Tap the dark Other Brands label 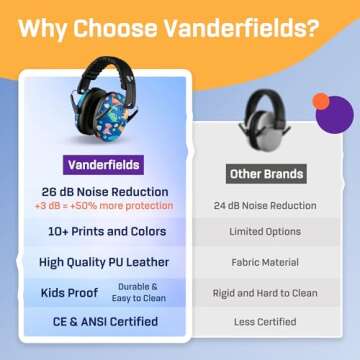[266, 174]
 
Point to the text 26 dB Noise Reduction [99, 191]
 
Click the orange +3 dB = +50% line [99, 206]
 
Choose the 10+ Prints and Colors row [99, 231]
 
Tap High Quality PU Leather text [99, 262]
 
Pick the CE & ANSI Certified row [99, 322]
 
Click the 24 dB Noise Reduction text [268, 206]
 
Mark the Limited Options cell [268, 232]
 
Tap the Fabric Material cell [268, 262]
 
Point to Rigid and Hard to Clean [268, 293]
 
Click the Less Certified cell [268, 322]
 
